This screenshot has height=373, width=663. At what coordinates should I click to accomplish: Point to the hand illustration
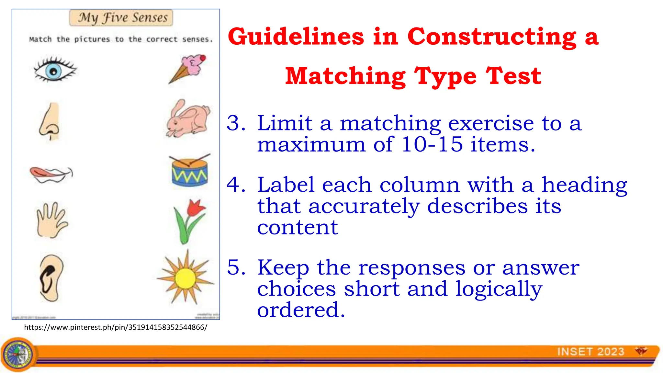click(51, 220)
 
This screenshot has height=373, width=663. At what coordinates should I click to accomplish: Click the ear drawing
click(51, 278)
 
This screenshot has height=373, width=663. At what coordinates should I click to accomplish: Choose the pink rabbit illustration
click(188, 119)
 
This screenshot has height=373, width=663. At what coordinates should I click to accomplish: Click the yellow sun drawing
click(185, 278)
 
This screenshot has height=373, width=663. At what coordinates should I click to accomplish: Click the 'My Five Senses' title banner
click(121, 18)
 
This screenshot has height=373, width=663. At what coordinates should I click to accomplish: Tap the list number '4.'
click(236, 185)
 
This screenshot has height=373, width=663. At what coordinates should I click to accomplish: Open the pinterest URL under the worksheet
click(116, 327)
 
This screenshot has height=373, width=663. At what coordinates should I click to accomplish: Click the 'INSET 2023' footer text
click(590, 352)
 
